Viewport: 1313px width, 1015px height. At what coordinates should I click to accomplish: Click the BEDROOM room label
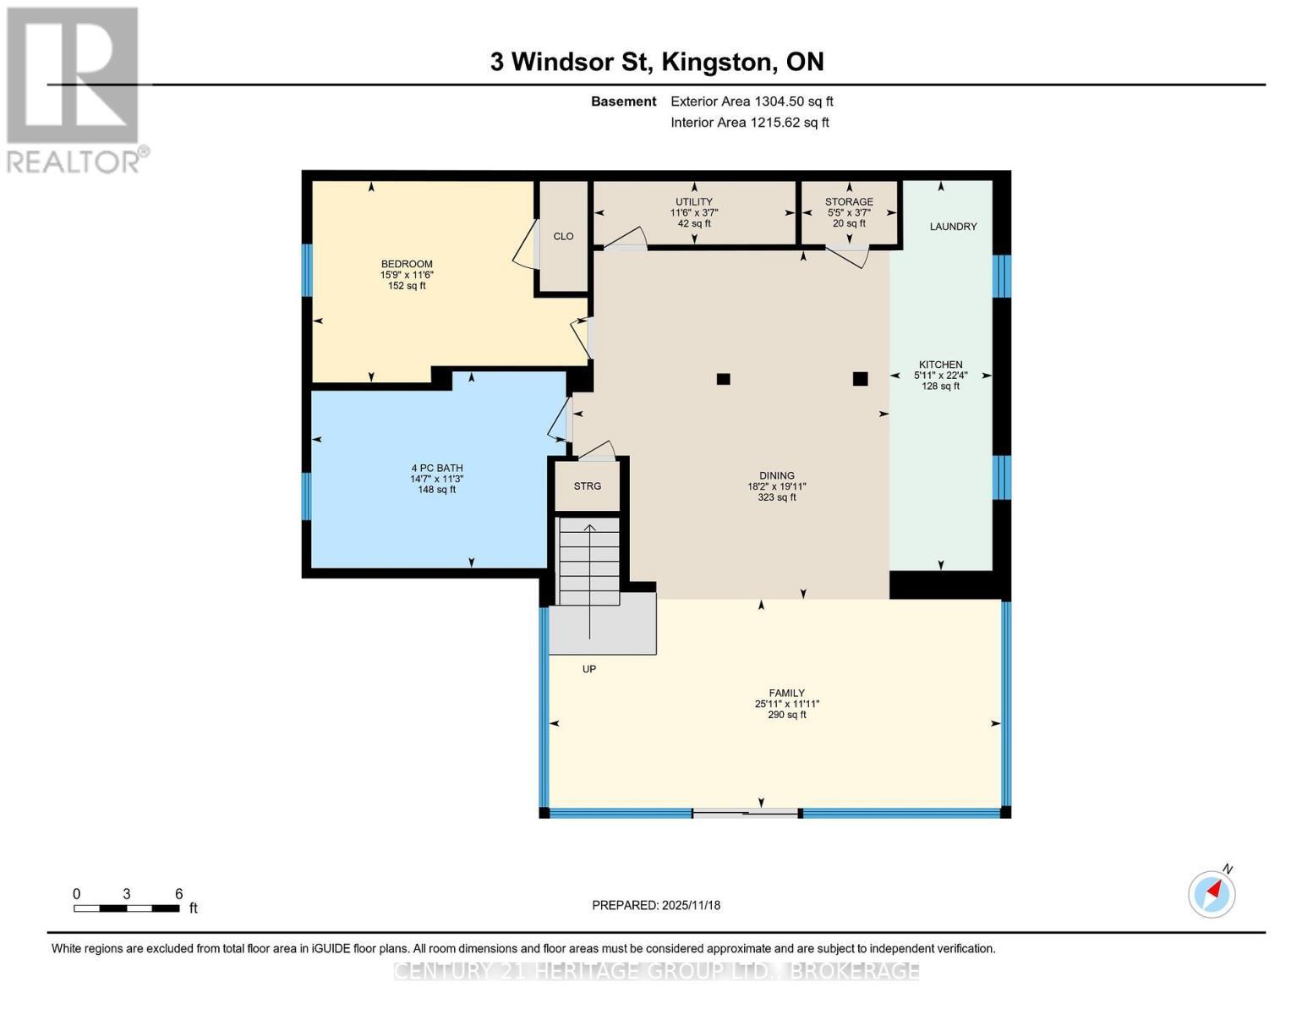coord(407,264)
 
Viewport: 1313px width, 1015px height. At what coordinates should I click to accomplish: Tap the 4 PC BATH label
coord(437,468)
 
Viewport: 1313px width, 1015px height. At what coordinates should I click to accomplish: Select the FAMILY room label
coord(786,693)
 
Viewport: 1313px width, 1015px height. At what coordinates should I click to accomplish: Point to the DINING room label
coord(776,476)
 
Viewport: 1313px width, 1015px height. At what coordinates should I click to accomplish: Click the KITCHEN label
coord(940,365)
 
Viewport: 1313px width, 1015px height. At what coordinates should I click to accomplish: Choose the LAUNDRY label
coord(953,227)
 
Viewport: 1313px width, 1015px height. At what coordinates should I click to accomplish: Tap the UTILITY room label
coord(694,202)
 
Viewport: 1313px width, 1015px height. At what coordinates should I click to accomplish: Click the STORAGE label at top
coord(849,202)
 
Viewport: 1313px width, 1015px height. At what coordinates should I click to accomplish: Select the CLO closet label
coord(563,237)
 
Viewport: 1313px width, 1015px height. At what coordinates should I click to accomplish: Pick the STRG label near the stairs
coord(587,486)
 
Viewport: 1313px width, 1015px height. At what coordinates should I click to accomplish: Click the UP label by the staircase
coord(589,669)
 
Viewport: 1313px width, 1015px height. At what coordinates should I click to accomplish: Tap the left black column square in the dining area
coord(723,379)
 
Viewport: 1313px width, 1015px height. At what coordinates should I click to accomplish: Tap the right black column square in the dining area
coord(860,379)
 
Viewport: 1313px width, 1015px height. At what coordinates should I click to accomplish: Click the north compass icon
coord(1212,893)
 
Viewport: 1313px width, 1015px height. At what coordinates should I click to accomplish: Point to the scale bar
coord(127,908)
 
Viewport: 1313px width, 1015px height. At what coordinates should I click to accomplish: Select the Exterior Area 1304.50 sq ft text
coord(752,101)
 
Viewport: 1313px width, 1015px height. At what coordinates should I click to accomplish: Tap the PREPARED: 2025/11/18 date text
coord(656,905)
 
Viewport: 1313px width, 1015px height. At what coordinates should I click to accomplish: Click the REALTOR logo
coord(74,89)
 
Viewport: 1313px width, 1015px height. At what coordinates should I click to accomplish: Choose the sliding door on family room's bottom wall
coord(746,813)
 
